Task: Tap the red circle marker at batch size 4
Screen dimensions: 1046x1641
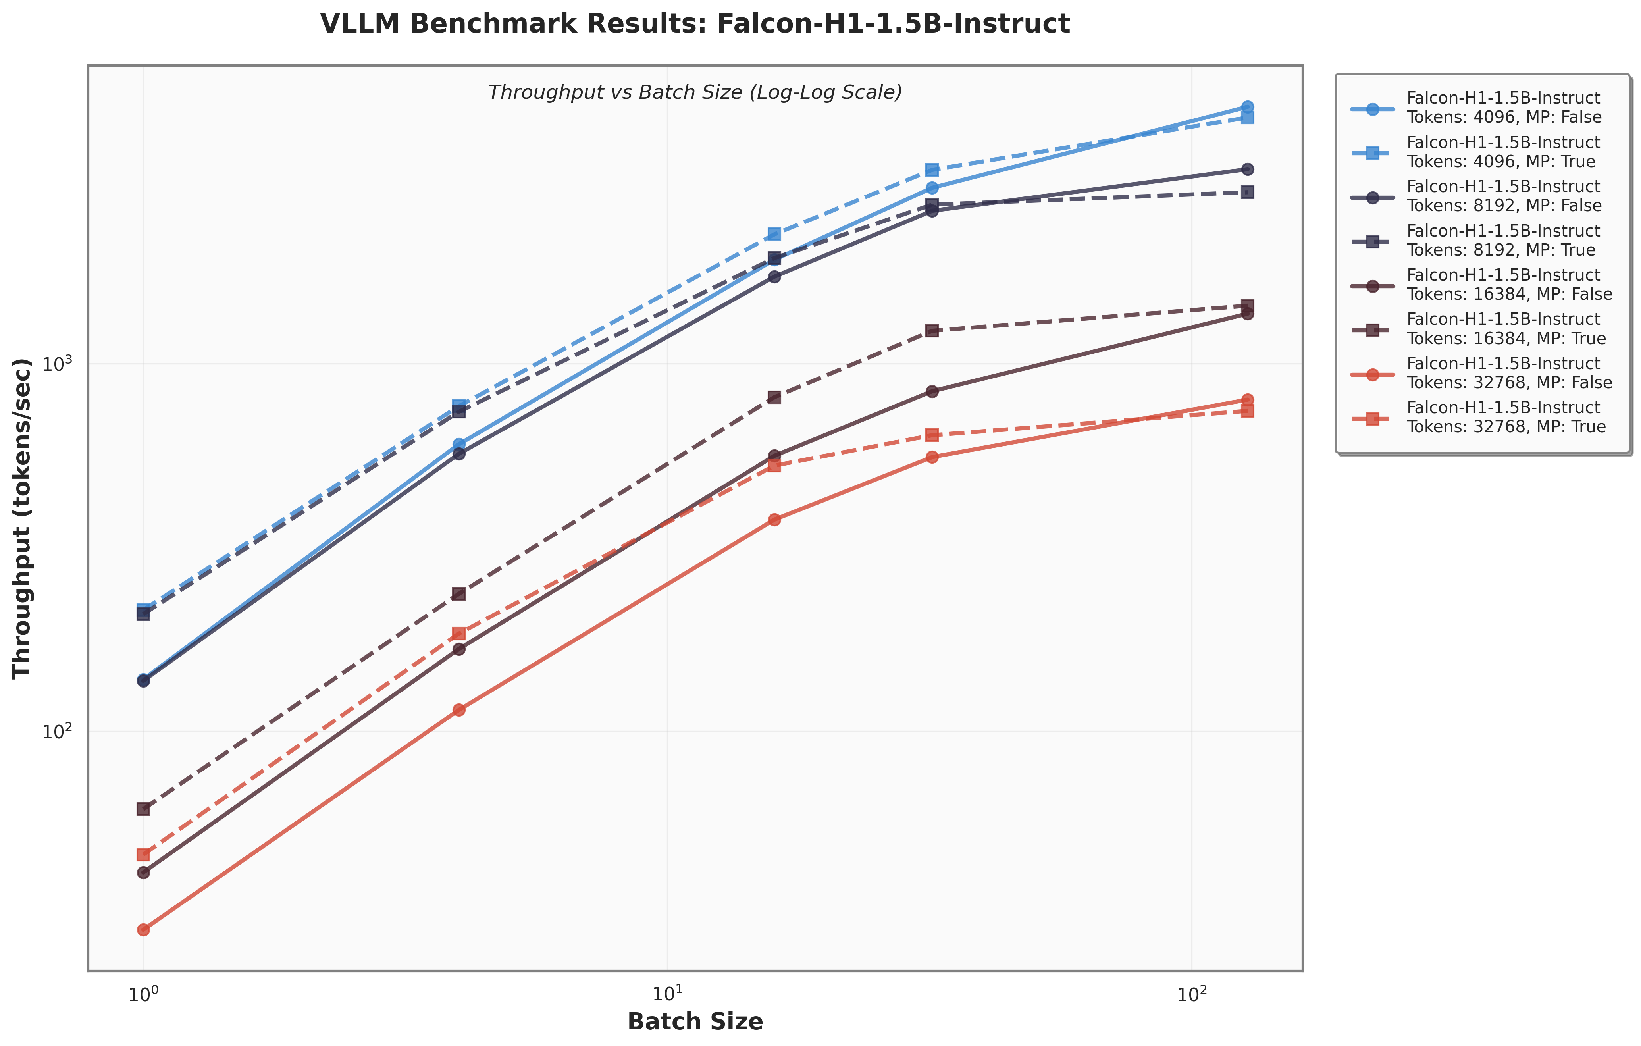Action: tap(458, 709)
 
